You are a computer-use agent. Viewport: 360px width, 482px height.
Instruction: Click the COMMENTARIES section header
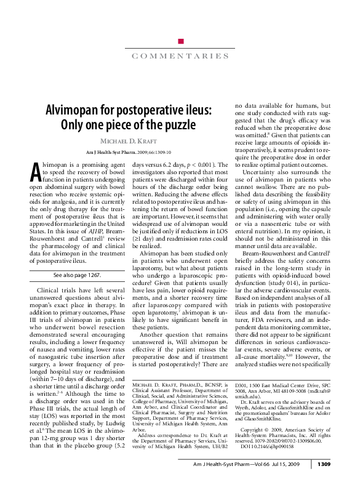[x=180, y=57]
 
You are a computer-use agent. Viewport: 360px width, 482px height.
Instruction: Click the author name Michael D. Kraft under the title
[x=128, y=142]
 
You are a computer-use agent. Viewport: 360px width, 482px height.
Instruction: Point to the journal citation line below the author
[x=128, y=151]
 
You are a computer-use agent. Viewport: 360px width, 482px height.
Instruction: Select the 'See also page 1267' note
[x=76, y=275]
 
